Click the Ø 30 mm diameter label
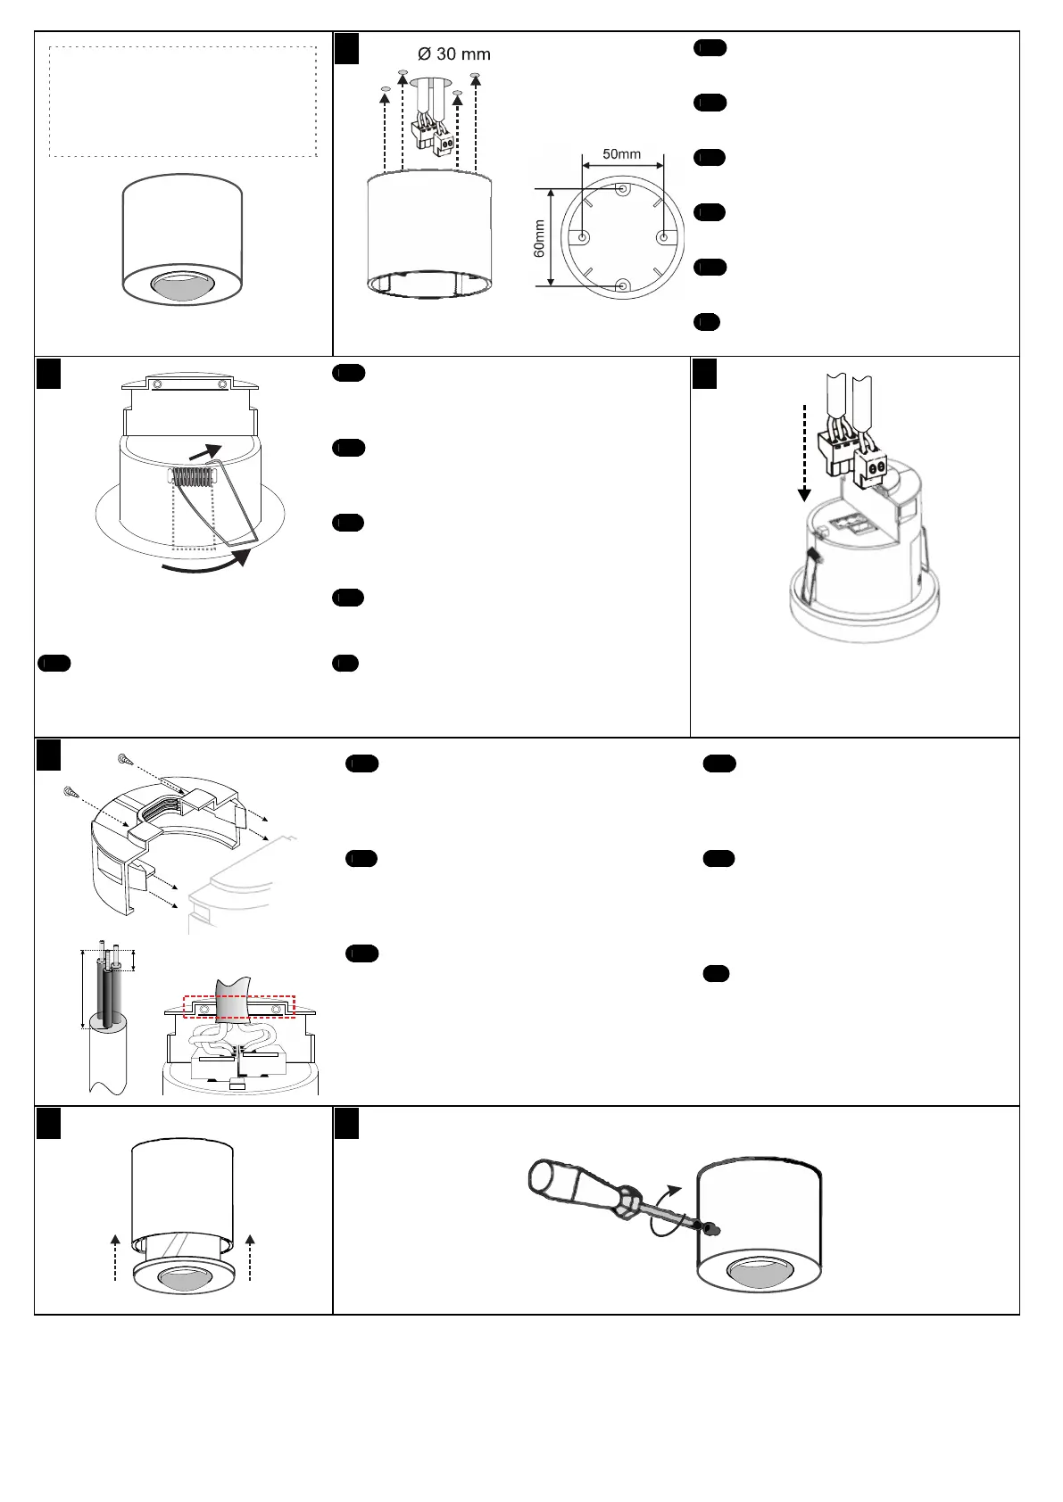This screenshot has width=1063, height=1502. tap(454, 54)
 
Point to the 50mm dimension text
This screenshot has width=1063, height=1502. tap(621, 153)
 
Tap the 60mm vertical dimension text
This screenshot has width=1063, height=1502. tap(540, 239)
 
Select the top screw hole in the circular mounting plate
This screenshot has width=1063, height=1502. tap(622, 189)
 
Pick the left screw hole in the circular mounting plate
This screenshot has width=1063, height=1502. tap(583, 237)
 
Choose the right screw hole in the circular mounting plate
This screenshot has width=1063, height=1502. tap(662, 237)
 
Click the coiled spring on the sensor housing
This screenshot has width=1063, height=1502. tap(192, 477)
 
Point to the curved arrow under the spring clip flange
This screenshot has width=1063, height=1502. tap(204, 564)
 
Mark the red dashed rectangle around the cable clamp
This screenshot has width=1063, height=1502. tap(238, 1005)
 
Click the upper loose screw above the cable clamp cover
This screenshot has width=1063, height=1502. tap(124, 759)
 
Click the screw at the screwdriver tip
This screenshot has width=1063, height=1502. tap(711, 1229)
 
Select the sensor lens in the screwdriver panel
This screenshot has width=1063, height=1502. tap(758, 1278)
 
